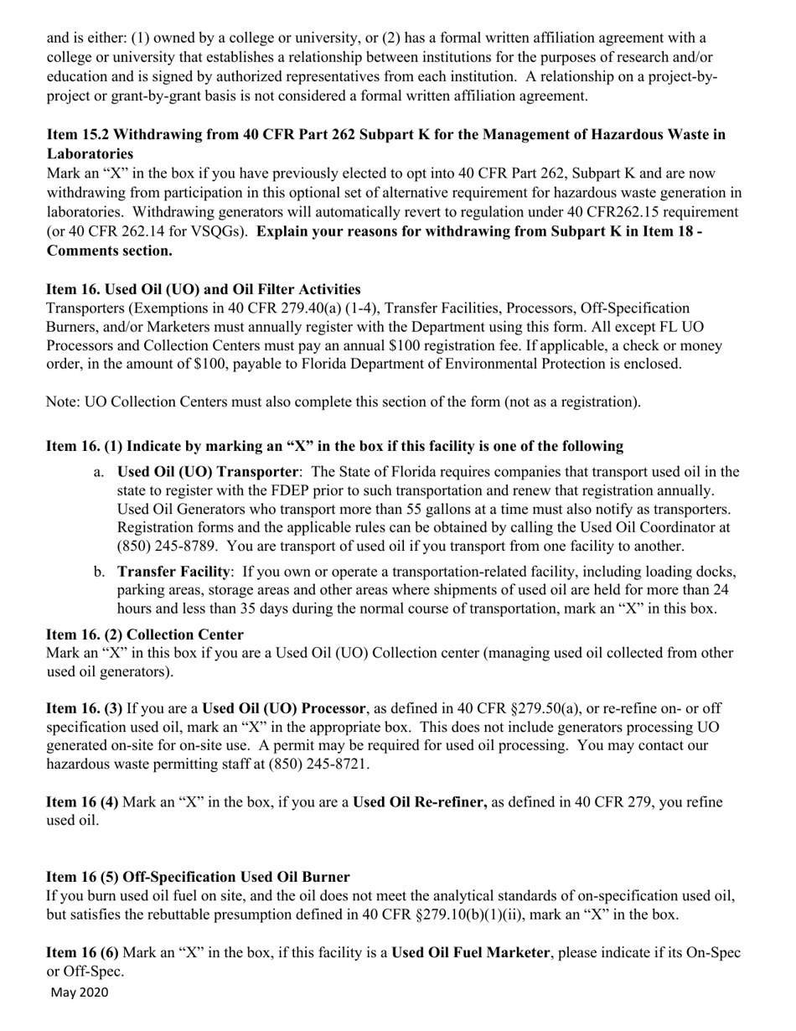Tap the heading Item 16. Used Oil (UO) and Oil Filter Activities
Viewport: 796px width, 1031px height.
204,289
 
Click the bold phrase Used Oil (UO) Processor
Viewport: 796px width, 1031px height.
271,708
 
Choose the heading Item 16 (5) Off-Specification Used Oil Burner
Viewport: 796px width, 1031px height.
198,877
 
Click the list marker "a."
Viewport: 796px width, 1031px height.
99,472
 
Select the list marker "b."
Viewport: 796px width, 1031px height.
99,572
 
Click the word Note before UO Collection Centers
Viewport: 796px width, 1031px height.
62,402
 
